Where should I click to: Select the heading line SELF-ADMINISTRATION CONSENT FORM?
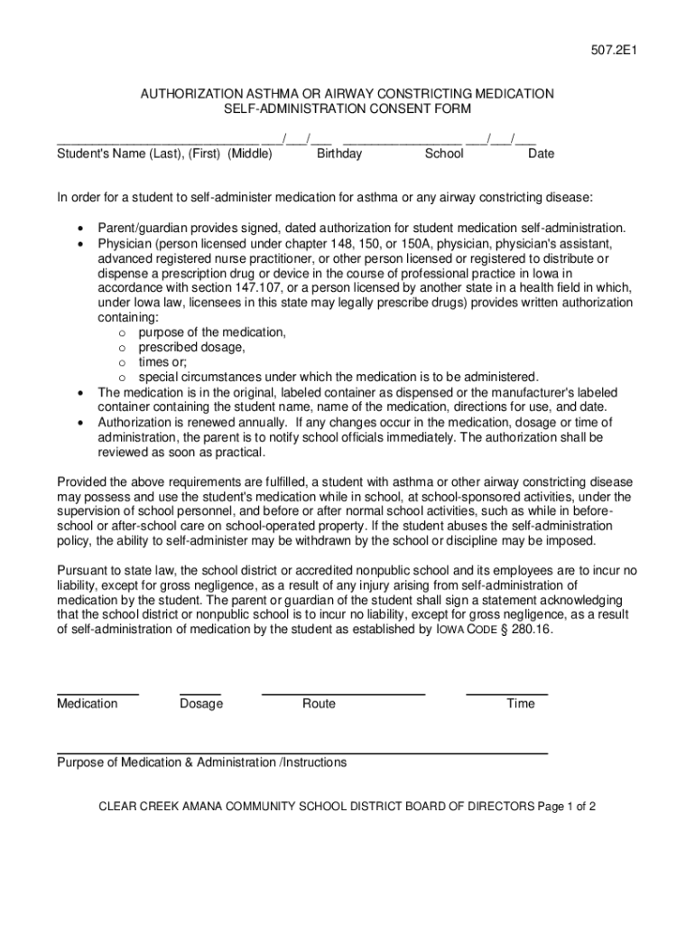tap(347, 109)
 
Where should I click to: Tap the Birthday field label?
tap(339, 154)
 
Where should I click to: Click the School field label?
tap(444, 154)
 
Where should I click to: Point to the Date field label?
tap(541, 154)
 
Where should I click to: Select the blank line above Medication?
tap(97, 693)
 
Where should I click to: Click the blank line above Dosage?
tap(200, 693)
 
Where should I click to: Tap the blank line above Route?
tap(343, 693)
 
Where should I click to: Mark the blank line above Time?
tap(506, 693)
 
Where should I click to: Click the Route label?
tap(319, 704)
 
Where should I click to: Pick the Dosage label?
tap(201, 704)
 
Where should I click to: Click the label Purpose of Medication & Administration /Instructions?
tap(201, 762)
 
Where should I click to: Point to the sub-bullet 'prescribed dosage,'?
tap(191, 347)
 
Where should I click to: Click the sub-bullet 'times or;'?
tap(162, 361)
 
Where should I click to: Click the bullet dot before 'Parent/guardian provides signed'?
tap(81, 229)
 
